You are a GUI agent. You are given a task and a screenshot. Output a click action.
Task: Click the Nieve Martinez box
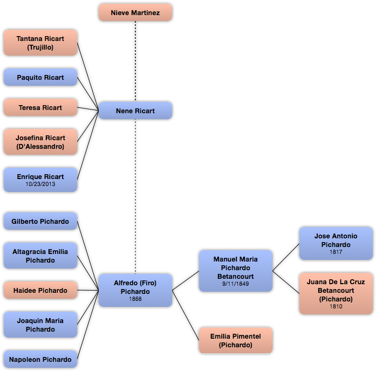tap(135, 12)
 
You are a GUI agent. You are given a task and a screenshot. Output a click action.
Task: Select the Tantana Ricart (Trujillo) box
tap(40, 43)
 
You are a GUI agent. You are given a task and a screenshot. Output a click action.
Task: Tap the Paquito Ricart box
tap(40, 77)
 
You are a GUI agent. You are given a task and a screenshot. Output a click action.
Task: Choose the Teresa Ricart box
tap(40, 107)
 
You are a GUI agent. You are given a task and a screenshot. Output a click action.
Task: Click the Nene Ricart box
tap(135, 111)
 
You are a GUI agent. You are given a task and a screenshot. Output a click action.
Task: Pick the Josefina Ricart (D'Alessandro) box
tap(40, 142)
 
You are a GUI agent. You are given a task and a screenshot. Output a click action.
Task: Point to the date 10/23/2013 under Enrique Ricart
tap(40, 184)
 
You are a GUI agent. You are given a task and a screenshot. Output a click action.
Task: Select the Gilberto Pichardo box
tap(40, 221)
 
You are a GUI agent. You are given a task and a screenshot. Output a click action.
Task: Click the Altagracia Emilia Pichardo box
tap(40, 256)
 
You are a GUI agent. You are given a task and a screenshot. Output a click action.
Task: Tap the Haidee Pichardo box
tap(40, 290)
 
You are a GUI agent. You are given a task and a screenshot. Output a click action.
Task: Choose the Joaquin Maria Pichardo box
tap(40, 325)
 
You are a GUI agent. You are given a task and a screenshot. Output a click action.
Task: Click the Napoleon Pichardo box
tap(40, 359)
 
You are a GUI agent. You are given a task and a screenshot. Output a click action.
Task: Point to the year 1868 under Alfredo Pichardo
tap(135, 299)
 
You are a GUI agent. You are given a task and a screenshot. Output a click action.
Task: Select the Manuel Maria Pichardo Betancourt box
tap(235, 270)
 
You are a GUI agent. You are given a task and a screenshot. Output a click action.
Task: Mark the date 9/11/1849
tap(235, 284)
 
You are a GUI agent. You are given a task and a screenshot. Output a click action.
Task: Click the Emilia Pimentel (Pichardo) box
tap(235, 340)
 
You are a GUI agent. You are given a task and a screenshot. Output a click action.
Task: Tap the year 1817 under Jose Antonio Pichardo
tap(336, 252)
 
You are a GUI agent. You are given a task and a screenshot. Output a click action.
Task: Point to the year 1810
tap(336, 307)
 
